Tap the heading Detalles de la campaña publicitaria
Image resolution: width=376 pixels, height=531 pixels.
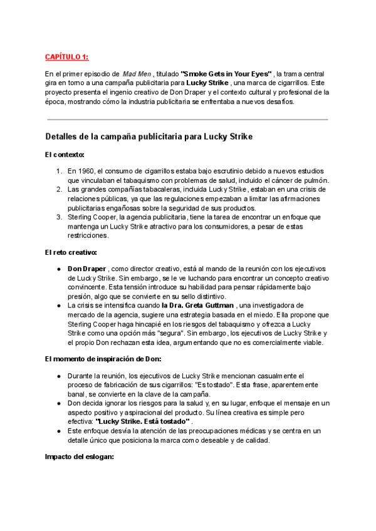point(149,136)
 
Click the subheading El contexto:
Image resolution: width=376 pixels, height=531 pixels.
point(65,154)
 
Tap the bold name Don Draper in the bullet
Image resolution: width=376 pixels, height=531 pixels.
point(86,269)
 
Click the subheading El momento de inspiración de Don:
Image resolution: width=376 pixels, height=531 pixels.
point(102,359)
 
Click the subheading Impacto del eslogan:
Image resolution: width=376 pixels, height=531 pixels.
point(78,457)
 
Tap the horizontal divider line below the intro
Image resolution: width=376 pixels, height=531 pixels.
point(188,119)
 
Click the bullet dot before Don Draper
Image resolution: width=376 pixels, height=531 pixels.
point(58,269)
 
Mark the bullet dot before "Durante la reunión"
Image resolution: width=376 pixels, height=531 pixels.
point(58,376)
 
